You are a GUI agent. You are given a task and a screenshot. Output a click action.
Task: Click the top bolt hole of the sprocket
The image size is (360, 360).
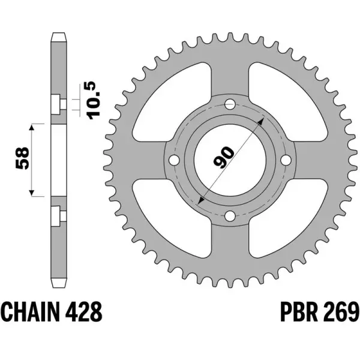click(229, 106)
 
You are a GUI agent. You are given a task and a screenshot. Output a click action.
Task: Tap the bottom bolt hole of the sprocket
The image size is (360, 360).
click(229, 216)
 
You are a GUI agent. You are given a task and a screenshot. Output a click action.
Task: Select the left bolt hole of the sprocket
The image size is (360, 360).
click(174, 161)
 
